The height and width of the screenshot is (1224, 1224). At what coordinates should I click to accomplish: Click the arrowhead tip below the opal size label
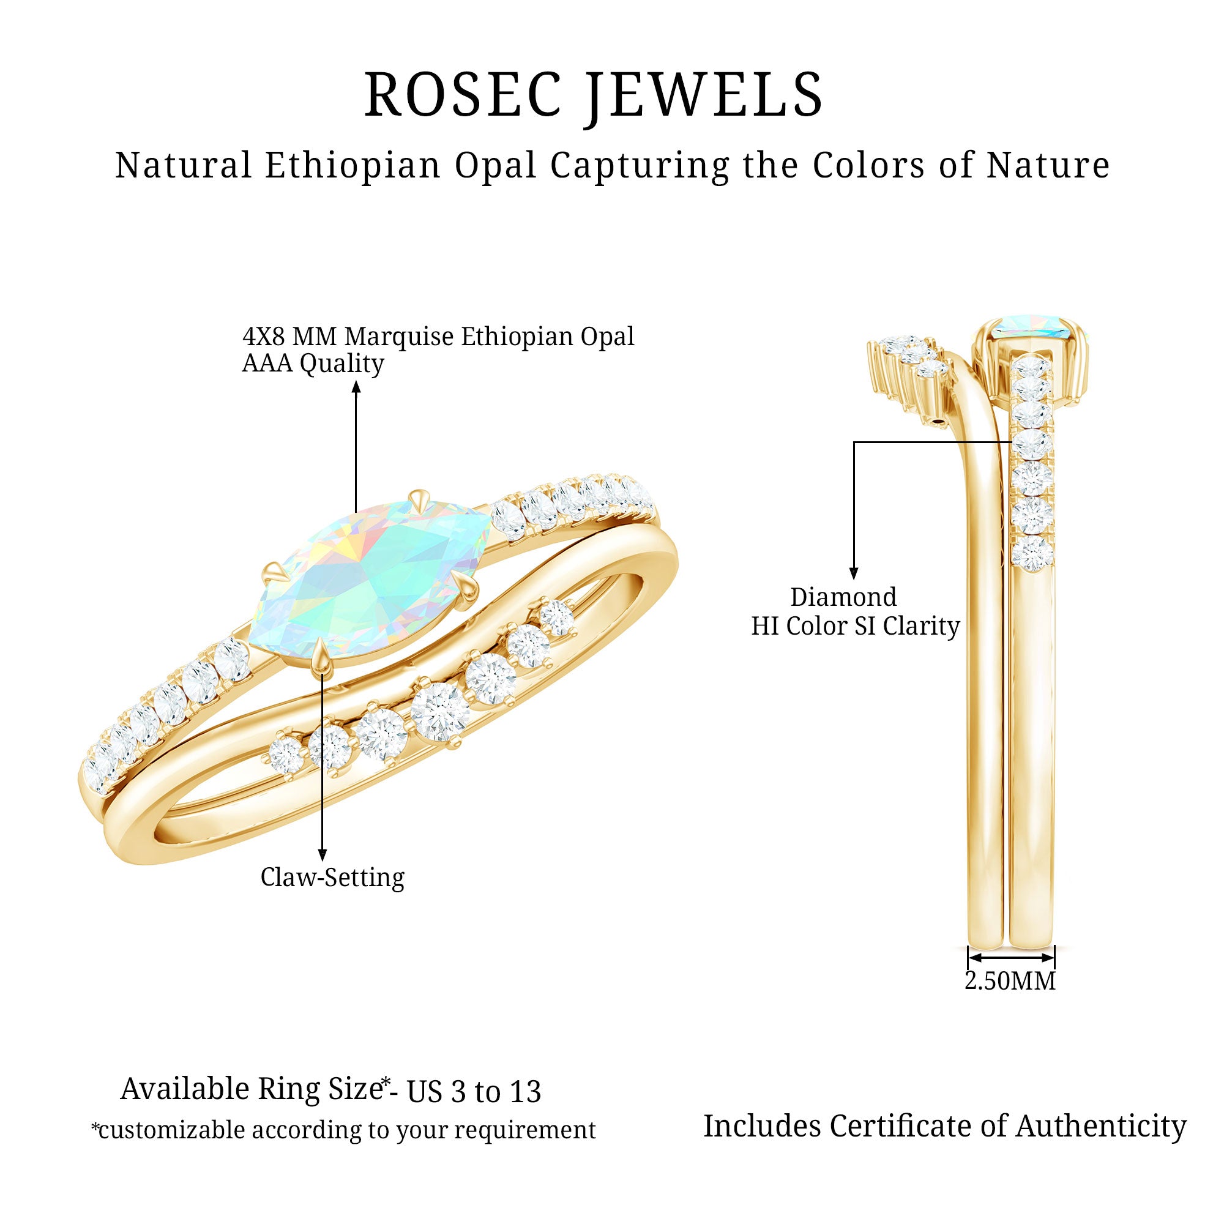[x=356, y=381]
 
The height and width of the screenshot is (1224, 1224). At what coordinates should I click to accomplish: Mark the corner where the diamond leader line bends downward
[x=854, y=442]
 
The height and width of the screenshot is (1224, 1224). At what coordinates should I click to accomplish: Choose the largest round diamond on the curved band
[x=439, y=711]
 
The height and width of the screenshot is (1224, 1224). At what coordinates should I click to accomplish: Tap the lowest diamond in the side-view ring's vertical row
[x=1032, y=554]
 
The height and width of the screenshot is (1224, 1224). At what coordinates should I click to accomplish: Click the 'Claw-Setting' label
[x=332, y=878]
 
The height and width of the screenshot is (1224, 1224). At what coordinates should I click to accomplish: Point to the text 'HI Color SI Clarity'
[x=856, y=626]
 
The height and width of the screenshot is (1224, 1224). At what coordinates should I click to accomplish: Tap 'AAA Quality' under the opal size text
[x=313, y=364]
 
